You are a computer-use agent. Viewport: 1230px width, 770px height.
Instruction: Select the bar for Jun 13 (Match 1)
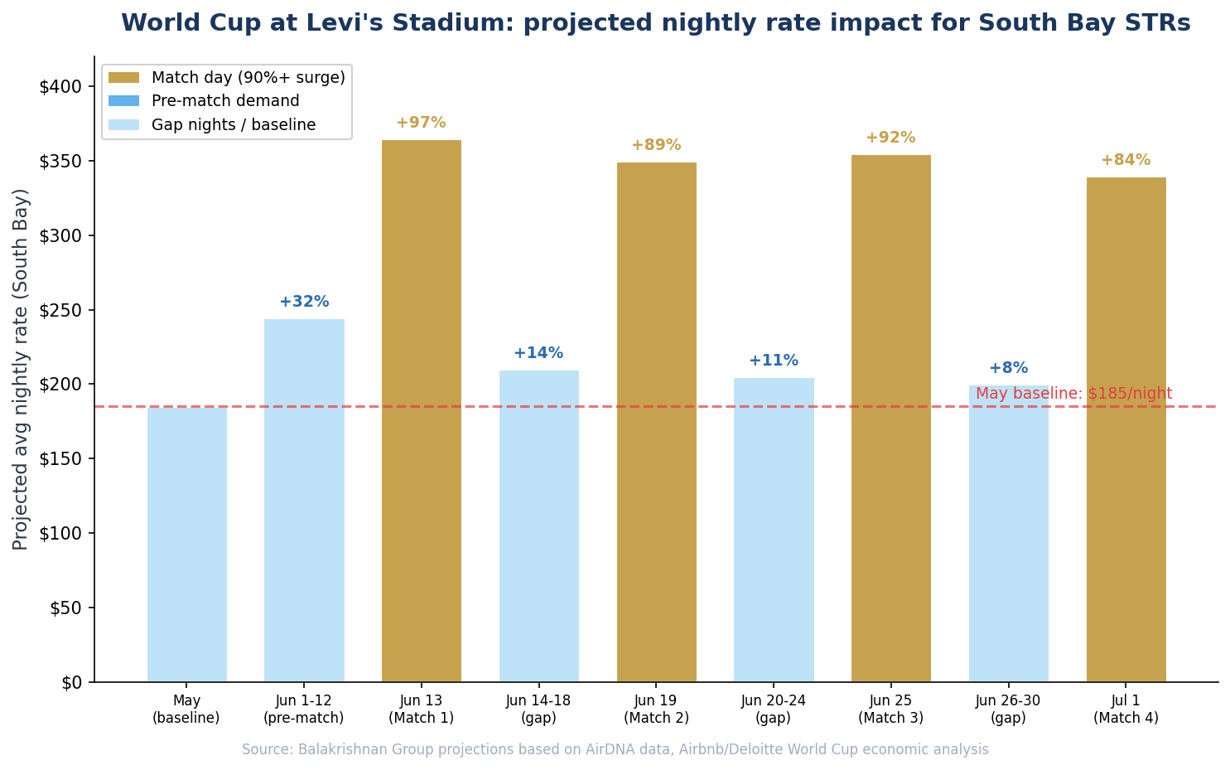[421, 410]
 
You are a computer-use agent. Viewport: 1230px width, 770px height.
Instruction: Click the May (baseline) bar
[186, 544]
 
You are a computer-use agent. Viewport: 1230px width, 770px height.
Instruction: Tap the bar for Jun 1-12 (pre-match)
[304, 500]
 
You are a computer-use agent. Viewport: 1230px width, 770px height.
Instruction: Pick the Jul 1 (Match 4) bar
[1126, 429]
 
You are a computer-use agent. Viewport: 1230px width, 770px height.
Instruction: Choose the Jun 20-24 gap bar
[774, 530]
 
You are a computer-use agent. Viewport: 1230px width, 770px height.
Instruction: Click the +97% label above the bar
[421, 123]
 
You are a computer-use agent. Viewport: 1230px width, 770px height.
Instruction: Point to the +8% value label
[1008, 368]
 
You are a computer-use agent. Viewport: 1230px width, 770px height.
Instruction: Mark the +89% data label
[656, 145]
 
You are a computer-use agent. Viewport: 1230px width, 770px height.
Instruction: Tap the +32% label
[304, 302]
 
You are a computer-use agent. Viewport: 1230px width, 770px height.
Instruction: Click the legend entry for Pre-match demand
[225, 101]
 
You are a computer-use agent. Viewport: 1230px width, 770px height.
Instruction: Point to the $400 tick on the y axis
[60, 87]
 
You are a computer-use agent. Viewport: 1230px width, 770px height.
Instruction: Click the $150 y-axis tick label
[60, 459]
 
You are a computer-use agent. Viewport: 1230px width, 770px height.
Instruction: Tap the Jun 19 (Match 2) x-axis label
[656, 709]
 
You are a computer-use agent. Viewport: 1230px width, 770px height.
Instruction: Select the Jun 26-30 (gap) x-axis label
[1008, 709]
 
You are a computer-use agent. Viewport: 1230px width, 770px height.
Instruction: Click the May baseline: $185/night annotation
[1073, 394]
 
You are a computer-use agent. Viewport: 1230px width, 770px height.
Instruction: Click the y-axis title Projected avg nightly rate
[22, 369]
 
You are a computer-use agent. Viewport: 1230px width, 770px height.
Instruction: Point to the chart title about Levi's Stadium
[655, 23]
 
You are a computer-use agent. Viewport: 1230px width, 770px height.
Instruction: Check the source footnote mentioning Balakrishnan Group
[615, 749]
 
